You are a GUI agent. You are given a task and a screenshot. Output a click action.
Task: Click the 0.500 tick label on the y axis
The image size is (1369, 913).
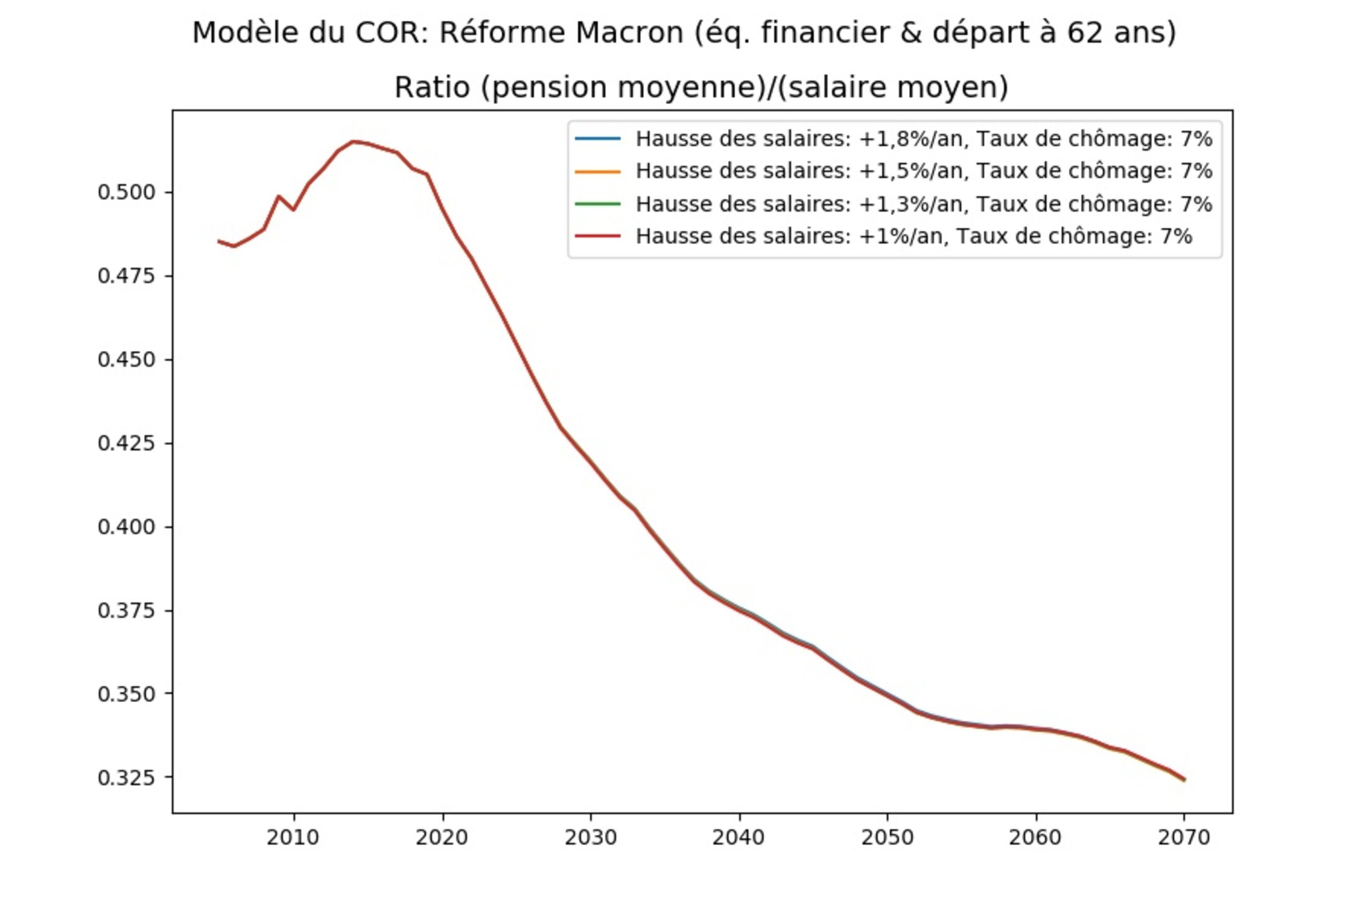coord(126,192)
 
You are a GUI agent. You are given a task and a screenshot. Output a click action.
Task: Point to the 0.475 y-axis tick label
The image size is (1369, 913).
coord(126,276)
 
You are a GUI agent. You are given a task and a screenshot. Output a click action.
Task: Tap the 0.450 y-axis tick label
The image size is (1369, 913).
coord(126,360)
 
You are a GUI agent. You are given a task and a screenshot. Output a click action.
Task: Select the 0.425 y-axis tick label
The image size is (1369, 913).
coord(126,443)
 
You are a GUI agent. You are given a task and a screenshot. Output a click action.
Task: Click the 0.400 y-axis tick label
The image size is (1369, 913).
coord(126,527)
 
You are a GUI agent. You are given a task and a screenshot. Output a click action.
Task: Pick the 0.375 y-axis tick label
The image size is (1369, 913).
coord(126,611)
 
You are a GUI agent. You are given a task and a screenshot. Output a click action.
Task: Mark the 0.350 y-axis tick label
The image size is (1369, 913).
coord(126,694)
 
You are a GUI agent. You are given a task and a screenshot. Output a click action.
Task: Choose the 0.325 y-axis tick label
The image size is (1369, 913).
coord(126,778)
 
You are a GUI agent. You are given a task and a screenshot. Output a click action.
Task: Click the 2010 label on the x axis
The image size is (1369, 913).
coord(293,838)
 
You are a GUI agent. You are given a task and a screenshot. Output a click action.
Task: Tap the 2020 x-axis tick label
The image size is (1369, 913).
coord(442,838)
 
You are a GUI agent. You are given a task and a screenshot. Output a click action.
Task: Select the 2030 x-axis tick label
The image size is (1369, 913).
coord(591,838)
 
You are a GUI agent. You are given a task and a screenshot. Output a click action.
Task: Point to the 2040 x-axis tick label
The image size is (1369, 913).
coord(739,838)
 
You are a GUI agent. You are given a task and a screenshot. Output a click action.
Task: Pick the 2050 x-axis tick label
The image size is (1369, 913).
coord(887,838)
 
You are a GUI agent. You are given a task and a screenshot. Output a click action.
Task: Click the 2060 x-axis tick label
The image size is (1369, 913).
coord(1035,838)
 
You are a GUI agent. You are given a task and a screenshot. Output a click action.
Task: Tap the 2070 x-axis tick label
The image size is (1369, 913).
coord(1184,838)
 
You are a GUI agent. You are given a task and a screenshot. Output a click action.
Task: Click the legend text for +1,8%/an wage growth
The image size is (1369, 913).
coord(923,139)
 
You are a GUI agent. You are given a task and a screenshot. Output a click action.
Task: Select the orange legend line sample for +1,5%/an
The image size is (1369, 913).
coord(597,171)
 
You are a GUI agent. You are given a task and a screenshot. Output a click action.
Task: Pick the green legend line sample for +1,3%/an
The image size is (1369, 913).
coord(597,204)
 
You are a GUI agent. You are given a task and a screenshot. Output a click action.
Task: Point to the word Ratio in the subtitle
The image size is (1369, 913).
coord(432,87)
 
